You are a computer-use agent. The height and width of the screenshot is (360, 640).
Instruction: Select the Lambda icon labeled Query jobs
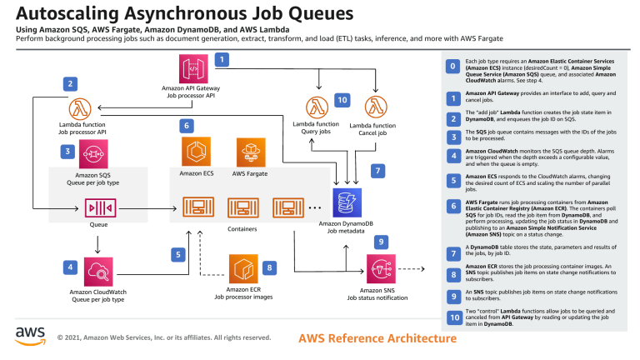click(316, 107)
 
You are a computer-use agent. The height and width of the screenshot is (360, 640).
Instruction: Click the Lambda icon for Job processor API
click(81, 109)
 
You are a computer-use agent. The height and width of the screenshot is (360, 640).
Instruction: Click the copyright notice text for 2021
click(163, 338)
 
